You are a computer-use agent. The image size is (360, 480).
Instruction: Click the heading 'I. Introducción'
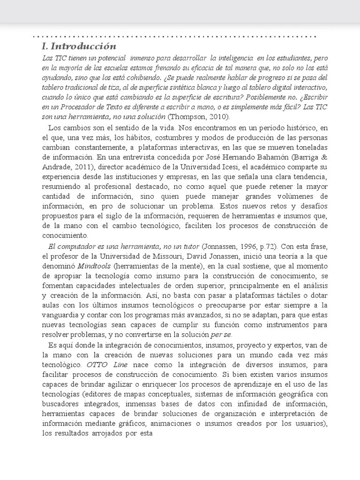click(x=78, y=46)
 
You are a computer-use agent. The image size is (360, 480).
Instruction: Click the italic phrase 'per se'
click(x=222, y=334)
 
